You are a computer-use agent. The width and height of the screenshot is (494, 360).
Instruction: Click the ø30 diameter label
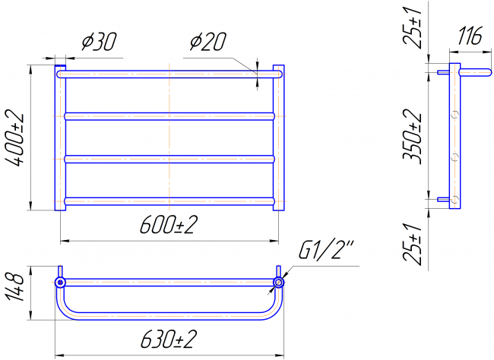point(99,41)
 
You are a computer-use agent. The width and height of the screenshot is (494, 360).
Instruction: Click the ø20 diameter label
point(208,41)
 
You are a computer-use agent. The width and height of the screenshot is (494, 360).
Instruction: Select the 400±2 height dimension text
point(14,137)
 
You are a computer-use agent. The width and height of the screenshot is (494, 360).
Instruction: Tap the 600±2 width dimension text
point(169,225)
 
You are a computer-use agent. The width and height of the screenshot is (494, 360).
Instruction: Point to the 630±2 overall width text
point(169,339)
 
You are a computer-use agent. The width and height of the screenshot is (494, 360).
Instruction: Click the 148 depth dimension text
point(14,287)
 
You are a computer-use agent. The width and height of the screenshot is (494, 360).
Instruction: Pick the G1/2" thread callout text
point(326,249)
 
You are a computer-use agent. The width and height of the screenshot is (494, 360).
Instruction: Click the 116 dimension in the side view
point(470,36)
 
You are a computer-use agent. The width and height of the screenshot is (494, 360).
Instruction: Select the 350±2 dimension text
point(412,137)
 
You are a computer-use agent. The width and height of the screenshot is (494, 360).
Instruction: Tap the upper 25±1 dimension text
point(412,27)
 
